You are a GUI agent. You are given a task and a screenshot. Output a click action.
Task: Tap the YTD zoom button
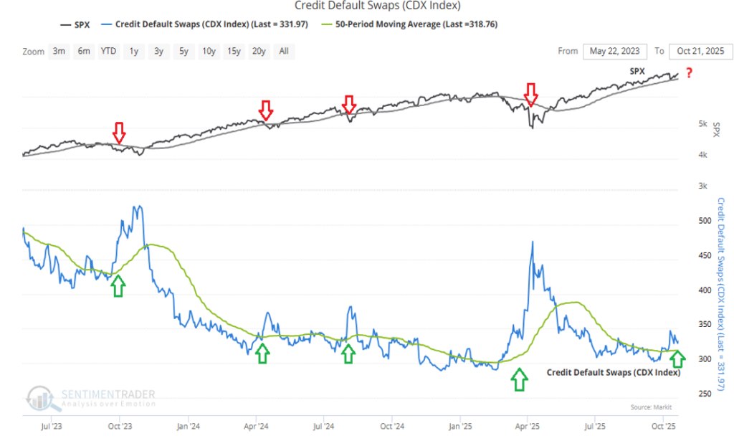pos(108,52)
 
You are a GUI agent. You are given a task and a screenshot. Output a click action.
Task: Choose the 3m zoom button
pos(59,52)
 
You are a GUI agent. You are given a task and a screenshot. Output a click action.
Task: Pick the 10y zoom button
pos(209,52)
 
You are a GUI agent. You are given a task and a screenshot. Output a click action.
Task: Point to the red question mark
pos(689,73)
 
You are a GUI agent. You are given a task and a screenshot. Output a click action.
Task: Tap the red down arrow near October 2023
pos(119,133)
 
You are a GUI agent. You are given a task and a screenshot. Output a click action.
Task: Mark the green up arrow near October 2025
pos(678,356)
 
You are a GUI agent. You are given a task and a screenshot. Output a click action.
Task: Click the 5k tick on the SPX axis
pos(703,124)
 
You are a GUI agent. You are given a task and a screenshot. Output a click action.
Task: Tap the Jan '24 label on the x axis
pos(188,425)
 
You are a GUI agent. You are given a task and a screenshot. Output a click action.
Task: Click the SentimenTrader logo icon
pos(39,399)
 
